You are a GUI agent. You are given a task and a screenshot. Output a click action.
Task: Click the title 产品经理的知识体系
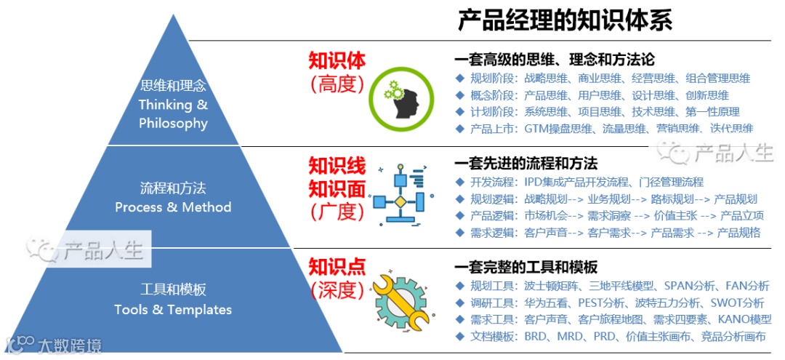tap(566, 20)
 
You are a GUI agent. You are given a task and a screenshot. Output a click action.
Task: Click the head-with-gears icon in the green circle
tap(396, 100)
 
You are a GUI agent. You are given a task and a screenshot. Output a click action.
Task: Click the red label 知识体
tap(337, 60)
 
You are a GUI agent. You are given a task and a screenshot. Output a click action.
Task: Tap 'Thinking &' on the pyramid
tap(173, 105)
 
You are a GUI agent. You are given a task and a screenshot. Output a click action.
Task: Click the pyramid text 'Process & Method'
tap(173, 207)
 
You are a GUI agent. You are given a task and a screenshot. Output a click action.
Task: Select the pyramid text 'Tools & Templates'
tap(173, 310)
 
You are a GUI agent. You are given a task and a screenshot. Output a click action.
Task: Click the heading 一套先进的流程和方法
tap(526, 163)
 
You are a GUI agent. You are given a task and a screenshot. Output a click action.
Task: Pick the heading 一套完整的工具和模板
tap(526, 267)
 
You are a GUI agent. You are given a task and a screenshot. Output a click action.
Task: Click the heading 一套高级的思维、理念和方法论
tap(554, 60)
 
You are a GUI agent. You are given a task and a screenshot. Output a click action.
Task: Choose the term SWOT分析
tap(736, 303)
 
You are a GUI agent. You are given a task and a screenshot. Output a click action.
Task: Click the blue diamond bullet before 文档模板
tap(459, 336)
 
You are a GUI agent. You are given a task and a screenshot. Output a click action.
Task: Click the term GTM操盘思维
tap(559, 129)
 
